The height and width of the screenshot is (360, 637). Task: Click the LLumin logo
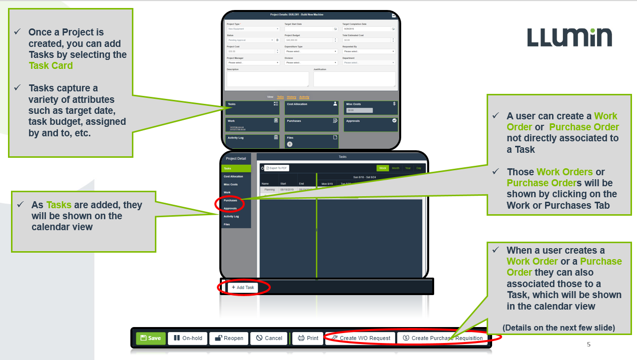point(569,37)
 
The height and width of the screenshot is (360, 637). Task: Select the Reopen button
point(228,338)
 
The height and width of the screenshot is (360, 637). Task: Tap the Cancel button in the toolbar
point(269,338)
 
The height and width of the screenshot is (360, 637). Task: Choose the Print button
point(308,338)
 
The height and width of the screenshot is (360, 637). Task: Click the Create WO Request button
point(360,338)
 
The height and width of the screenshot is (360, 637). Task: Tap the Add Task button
point(243,287)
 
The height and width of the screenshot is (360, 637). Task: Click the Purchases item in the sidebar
point(230,201)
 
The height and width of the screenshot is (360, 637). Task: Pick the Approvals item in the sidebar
point(230,209)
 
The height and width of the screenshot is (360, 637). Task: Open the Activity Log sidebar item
point(232,217)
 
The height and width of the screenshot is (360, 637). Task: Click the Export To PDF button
point(277,168)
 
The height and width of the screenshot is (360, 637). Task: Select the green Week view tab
point(383,168)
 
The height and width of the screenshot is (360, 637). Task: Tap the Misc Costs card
point(371,108)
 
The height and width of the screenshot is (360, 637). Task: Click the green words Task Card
point(50,65)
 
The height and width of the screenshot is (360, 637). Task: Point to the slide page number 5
point(589,345)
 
